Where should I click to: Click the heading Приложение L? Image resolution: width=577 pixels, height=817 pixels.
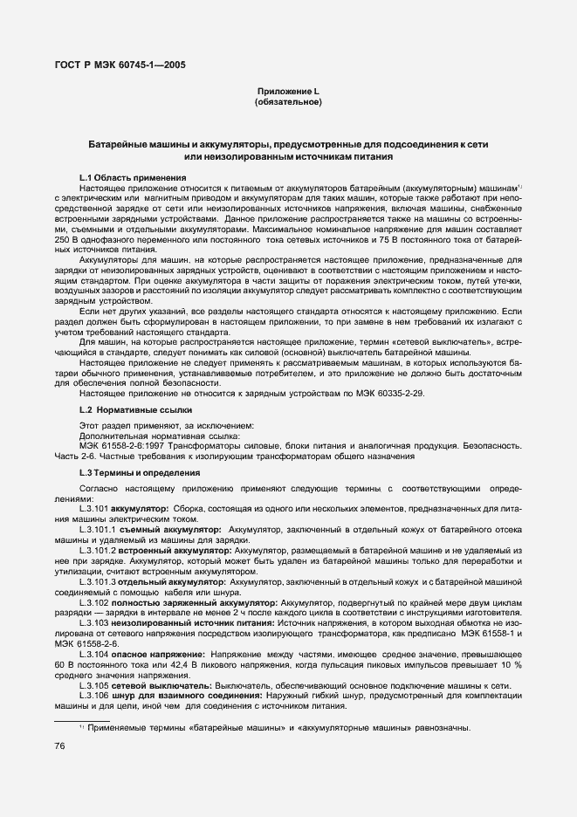tap(289, 92)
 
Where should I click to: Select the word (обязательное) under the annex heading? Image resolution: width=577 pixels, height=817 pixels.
tap(289, 103)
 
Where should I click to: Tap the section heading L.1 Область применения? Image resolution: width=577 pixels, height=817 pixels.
tap(133, 178)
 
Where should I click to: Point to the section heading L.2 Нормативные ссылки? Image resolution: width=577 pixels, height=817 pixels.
tap(132, 409)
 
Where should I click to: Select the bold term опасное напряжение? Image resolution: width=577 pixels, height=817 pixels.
tap(158, 653)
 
